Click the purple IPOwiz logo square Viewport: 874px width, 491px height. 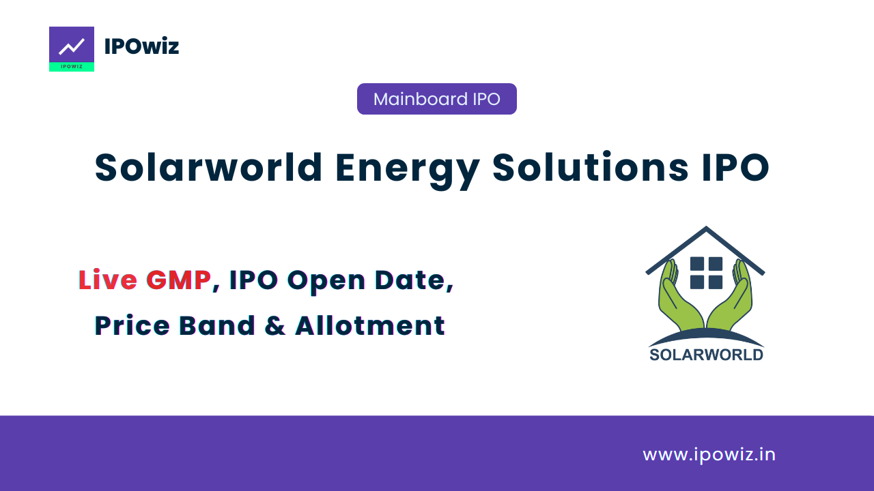72,49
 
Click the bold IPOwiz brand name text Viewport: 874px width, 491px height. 141,46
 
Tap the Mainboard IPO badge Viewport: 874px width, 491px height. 436,99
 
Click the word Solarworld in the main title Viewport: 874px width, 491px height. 208,168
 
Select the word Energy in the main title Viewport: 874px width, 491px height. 408,170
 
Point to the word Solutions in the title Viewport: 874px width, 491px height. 591,167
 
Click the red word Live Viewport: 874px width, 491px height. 108,280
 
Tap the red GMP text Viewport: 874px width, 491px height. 179,280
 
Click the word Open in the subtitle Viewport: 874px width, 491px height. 326,282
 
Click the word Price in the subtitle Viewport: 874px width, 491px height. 132,325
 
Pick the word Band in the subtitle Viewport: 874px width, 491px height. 217,325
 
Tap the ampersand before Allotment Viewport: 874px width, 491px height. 275,325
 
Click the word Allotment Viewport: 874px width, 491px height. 370,325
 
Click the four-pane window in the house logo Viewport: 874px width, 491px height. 706,273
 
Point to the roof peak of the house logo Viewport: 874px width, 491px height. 706,227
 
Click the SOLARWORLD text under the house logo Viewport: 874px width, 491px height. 706,355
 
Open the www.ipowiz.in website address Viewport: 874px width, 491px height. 709,455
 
